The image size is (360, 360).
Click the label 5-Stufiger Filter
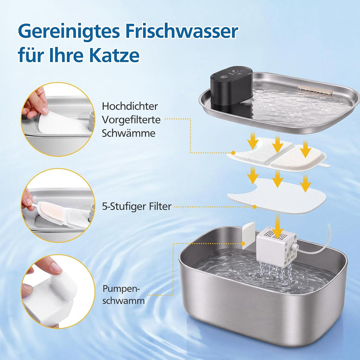tap(136, 207)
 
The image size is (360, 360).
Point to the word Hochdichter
tap(130, 106)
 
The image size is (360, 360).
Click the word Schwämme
tap(129, 134)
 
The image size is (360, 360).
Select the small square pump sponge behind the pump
tap(248, 236)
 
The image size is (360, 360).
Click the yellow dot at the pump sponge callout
tap(243, 243)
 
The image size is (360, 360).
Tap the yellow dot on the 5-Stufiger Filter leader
tap(254, 207)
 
